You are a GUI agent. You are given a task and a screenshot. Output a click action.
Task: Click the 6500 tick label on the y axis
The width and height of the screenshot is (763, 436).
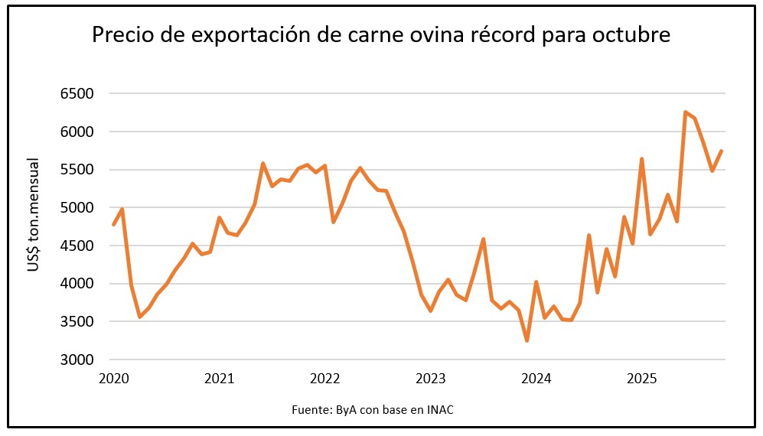[77, 94]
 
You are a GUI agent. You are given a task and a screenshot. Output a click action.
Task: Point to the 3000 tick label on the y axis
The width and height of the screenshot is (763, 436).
[77, 360]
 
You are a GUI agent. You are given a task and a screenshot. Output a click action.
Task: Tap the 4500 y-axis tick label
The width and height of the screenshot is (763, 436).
[77, 246]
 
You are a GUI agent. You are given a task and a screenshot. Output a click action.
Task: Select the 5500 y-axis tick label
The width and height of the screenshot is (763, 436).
[77, 170]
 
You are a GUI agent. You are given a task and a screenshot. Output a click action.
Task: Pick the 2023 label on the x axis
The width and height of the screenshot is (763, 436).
[431, 379]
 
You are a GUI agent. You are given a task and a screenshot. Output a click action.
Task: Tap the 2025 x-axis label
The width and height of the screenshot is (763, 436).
[642, 379]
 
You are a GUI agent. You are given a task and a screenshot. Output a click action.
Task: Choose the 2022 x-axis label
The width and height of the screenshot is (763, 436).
[325, 379]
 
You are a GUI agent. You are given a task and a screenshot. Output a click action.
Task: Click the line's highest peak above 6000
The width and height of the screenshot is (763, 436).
[685, 112]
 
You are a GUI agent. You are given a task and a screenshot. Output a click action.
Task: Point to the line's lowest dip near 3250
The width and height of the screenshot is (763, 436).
[527, 340]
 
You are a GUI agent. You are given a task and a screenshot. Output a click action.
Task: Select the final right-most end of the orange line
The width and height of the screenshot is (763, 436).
[721, 151]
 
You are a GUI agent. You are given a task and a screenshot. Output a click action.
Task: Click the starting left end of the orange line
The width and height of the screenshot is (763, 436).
[113, 225]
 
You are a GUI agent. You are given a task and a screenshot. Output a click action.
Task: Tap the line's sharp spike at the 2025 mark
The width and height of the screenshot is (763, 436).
[641, 159]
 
